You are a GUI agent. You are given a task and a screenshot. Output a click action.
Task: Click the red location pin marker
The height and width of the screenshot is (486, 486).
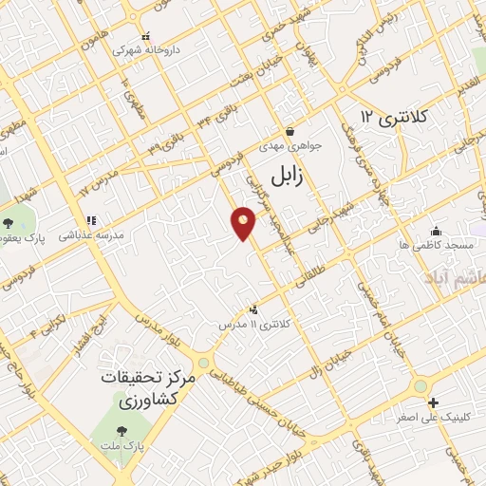pyautogui.click(x=244, y=223)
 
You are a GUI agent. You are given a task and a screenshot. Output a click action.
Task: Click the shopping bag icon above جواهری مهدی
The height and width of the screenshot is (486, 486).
pyautogui.click(x=290, y=131)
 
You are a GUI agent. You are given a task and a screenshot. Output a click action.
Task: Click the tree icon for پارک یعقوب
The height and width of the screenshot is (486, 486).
pyautogui.click(x=9, y=223)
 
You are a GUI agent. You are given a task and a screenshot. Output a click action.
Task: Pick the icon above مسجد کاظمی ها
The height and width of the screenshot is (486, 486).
pyautogui.click(x=436, y=231)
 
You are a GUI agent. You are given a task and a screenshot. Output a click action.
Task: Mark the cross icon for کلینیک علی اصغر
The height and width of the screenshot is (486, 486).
pyautogui.click(x=433, y=402)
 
